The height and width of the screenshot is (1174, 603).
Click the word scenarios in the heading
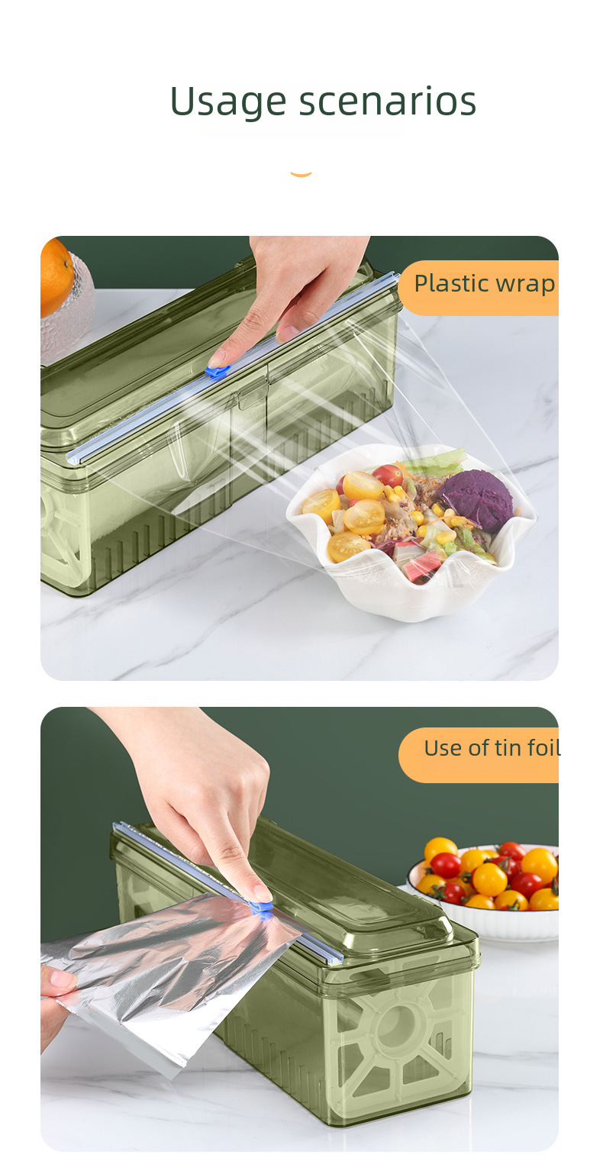(x=387, y=101)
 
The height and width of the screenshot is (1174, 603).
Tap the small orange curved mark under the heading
(x=301, y=174)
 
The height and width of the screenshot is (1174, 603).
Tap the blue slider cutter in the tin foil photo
(x=261, y=908)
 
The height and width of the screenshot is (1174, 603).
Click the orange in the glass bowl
(x=56, y=277)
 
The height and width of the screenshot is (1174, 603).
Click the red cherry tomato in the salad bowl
(x=389, y=475)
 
